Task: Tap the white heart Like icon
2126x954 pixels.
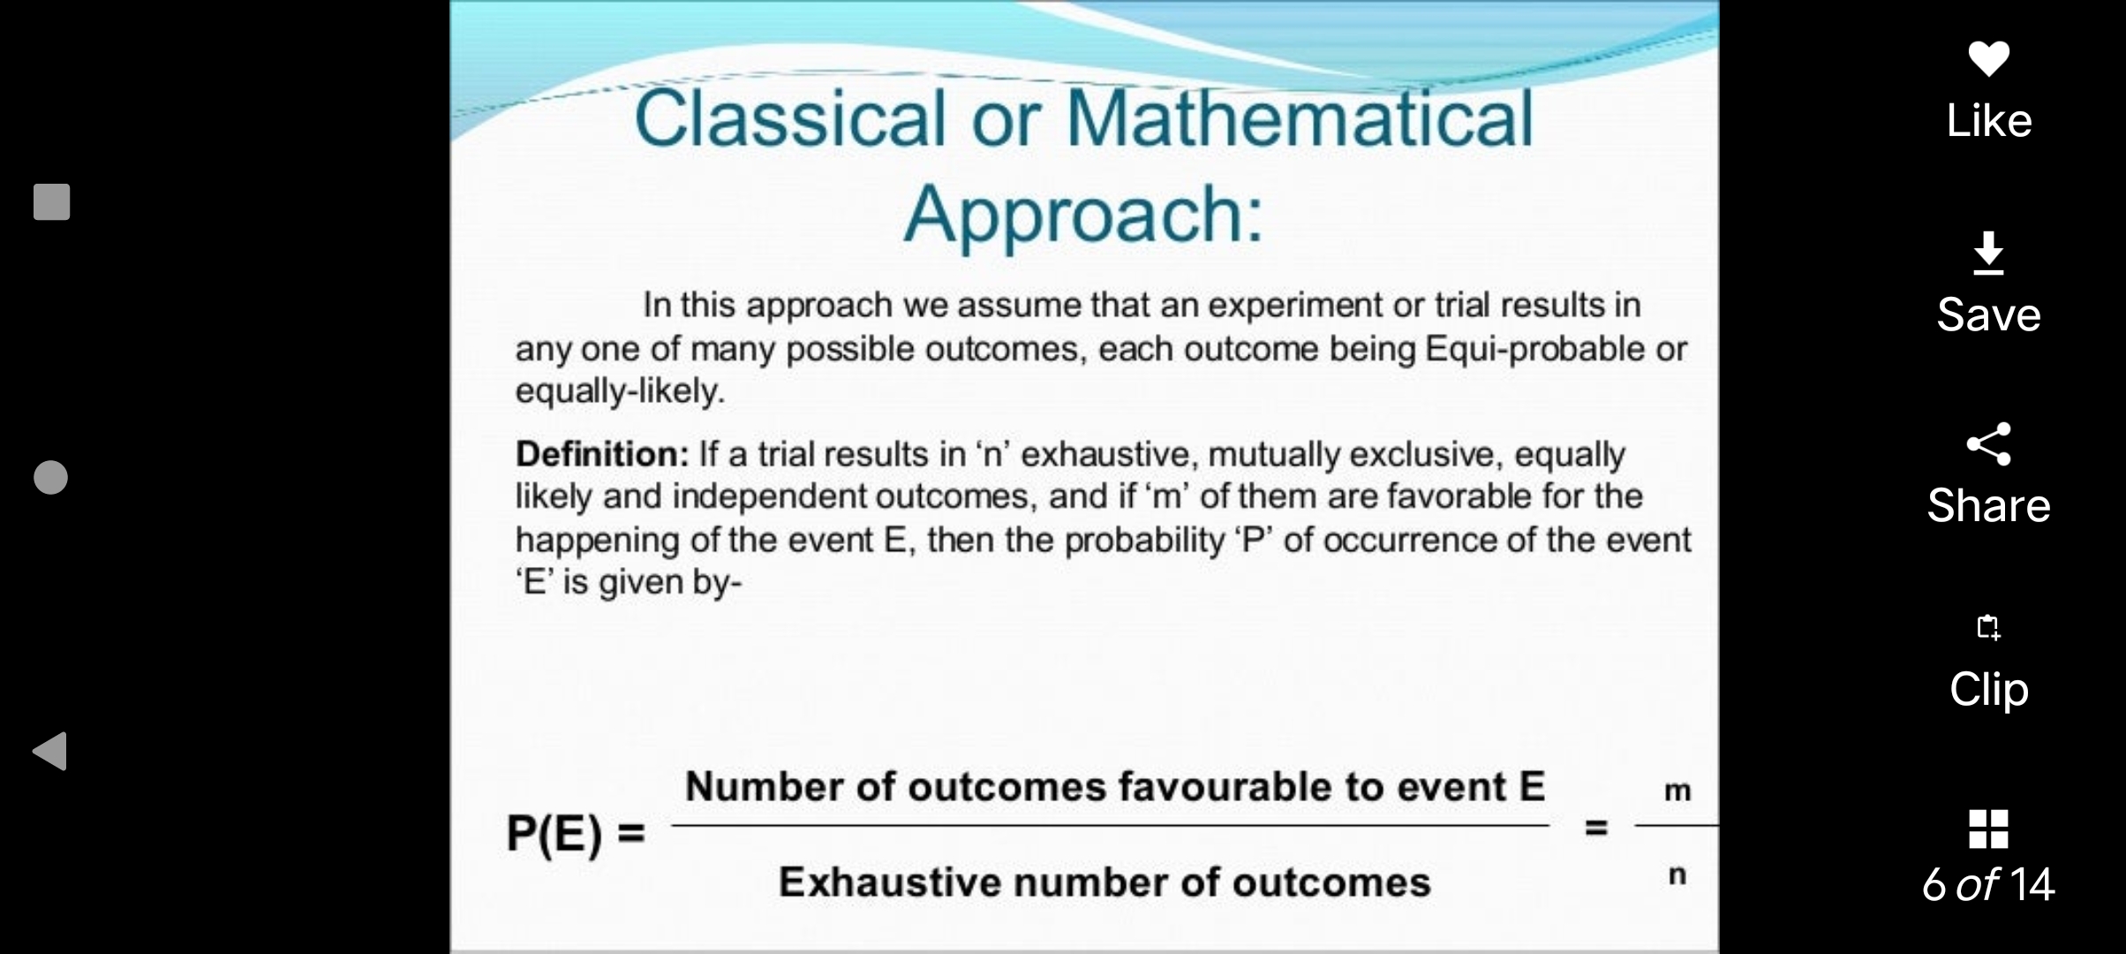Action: (x=1988, y=58)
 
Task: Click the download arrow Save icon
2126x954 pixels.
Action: (x=1988, y=254)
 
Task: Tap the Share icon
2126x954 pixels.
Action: (x=1988, y=443)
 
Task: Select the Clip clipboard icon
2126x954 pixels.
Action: (x=1988, y=627)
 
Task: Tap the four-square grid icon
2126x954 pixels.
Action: (x=1988, y=829)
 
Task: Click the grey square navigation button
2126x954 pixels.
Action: (x=51, y=201)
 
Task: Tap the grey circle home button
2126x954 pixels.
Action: (x=50, y=477)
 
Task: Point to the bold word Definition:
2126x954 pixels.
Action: (x=602, y=454)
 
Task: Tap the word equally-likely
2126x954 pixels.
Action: (x=620, y=391)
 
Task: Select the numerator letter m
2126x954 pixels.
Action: (x=1677, y=791)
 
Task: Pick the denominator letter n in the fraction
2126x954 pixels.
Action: (x=1677, y=875)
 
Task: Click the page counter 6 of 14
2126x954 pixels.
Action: (x=1988, y=884)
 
